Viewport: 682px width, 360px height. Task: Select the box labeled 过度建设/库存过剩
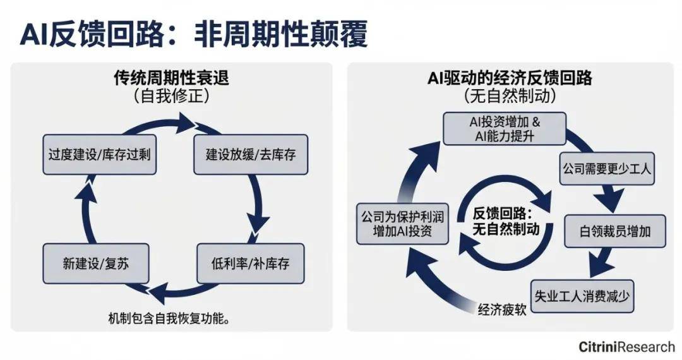pyautogui.click(x=99, y=155)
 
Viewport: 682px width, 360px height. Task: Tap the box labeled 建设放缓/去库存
pyautogui.click(x=251, y=155)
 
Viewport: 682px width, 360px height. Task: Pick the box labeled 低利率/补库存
pyautogui.click(x=251, y=263)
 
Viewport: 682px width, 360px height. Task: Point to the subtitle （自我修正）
pyautogui.click(x=171, y=97)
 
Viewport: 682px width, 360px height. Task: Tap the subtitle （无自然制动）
pyautogui.click(x=509, y=97)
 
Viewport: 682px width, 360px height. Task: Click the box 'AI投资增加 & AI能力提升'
pyautogui.click(x=505, y=128)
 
